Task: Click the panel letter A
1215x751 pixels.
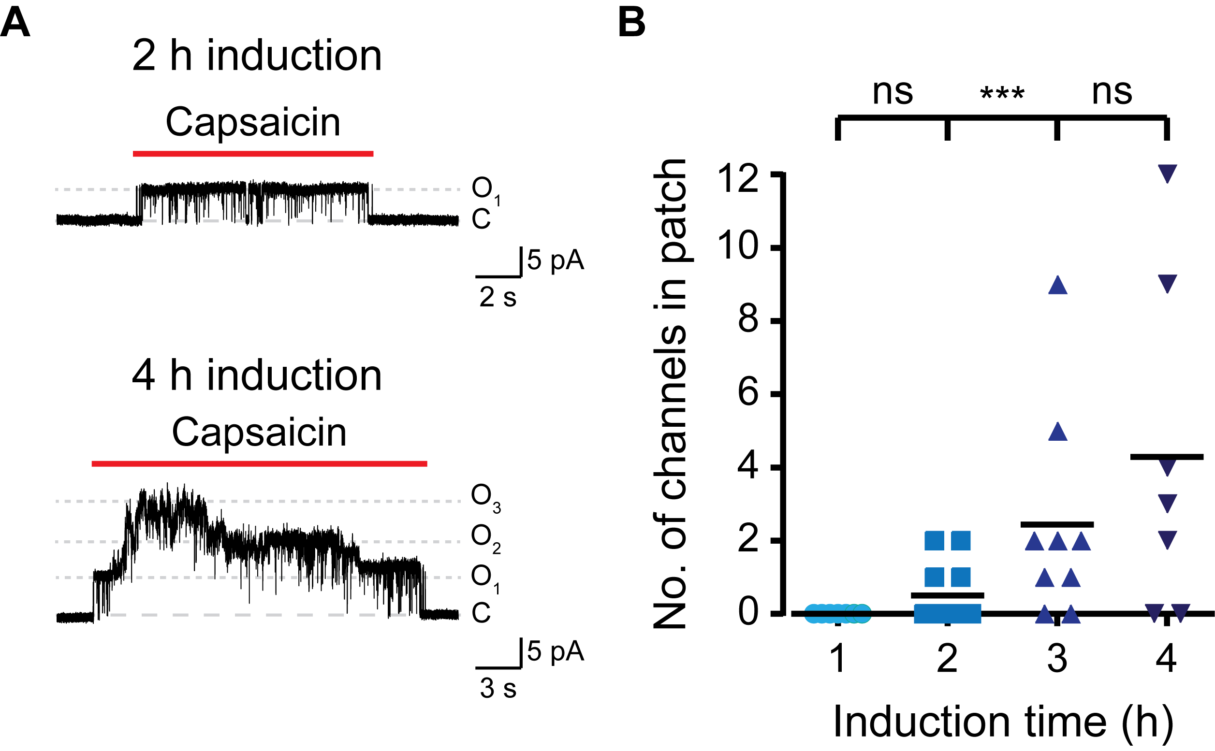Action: [x=15, y=23]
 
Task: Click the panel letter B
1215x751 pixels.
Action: [x=631, y=23]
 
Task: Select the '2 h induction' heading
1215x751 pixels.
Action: [x=256, y=56]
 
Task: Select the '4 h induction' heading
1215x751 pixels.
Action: [x=256, y=376]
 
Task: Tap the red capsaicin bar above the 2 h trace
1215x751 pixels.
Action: [x=253, y=154]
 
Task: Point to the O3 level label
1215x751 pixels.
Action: [x=485, y=497]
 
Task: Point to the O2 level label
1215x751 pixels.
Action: [x=485, y=538]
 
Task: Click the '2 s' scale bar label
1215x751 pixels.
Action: [x=498, y=298]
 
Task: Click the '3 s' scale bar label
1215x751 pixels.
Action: [x=498, y=689]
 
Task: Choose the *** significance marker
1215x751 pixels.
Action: [x=1002, y=94]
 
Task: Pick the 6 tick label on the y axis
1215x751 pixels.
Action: [x=748, y=393]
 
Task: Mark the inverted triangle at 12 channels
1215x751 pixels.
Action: [x=1167, y=174]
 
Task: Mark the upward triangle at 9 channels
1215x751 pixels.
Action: [x=1058, y=286]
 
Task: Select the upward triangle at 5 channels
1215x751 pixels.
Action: [x=1058, y=432]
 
